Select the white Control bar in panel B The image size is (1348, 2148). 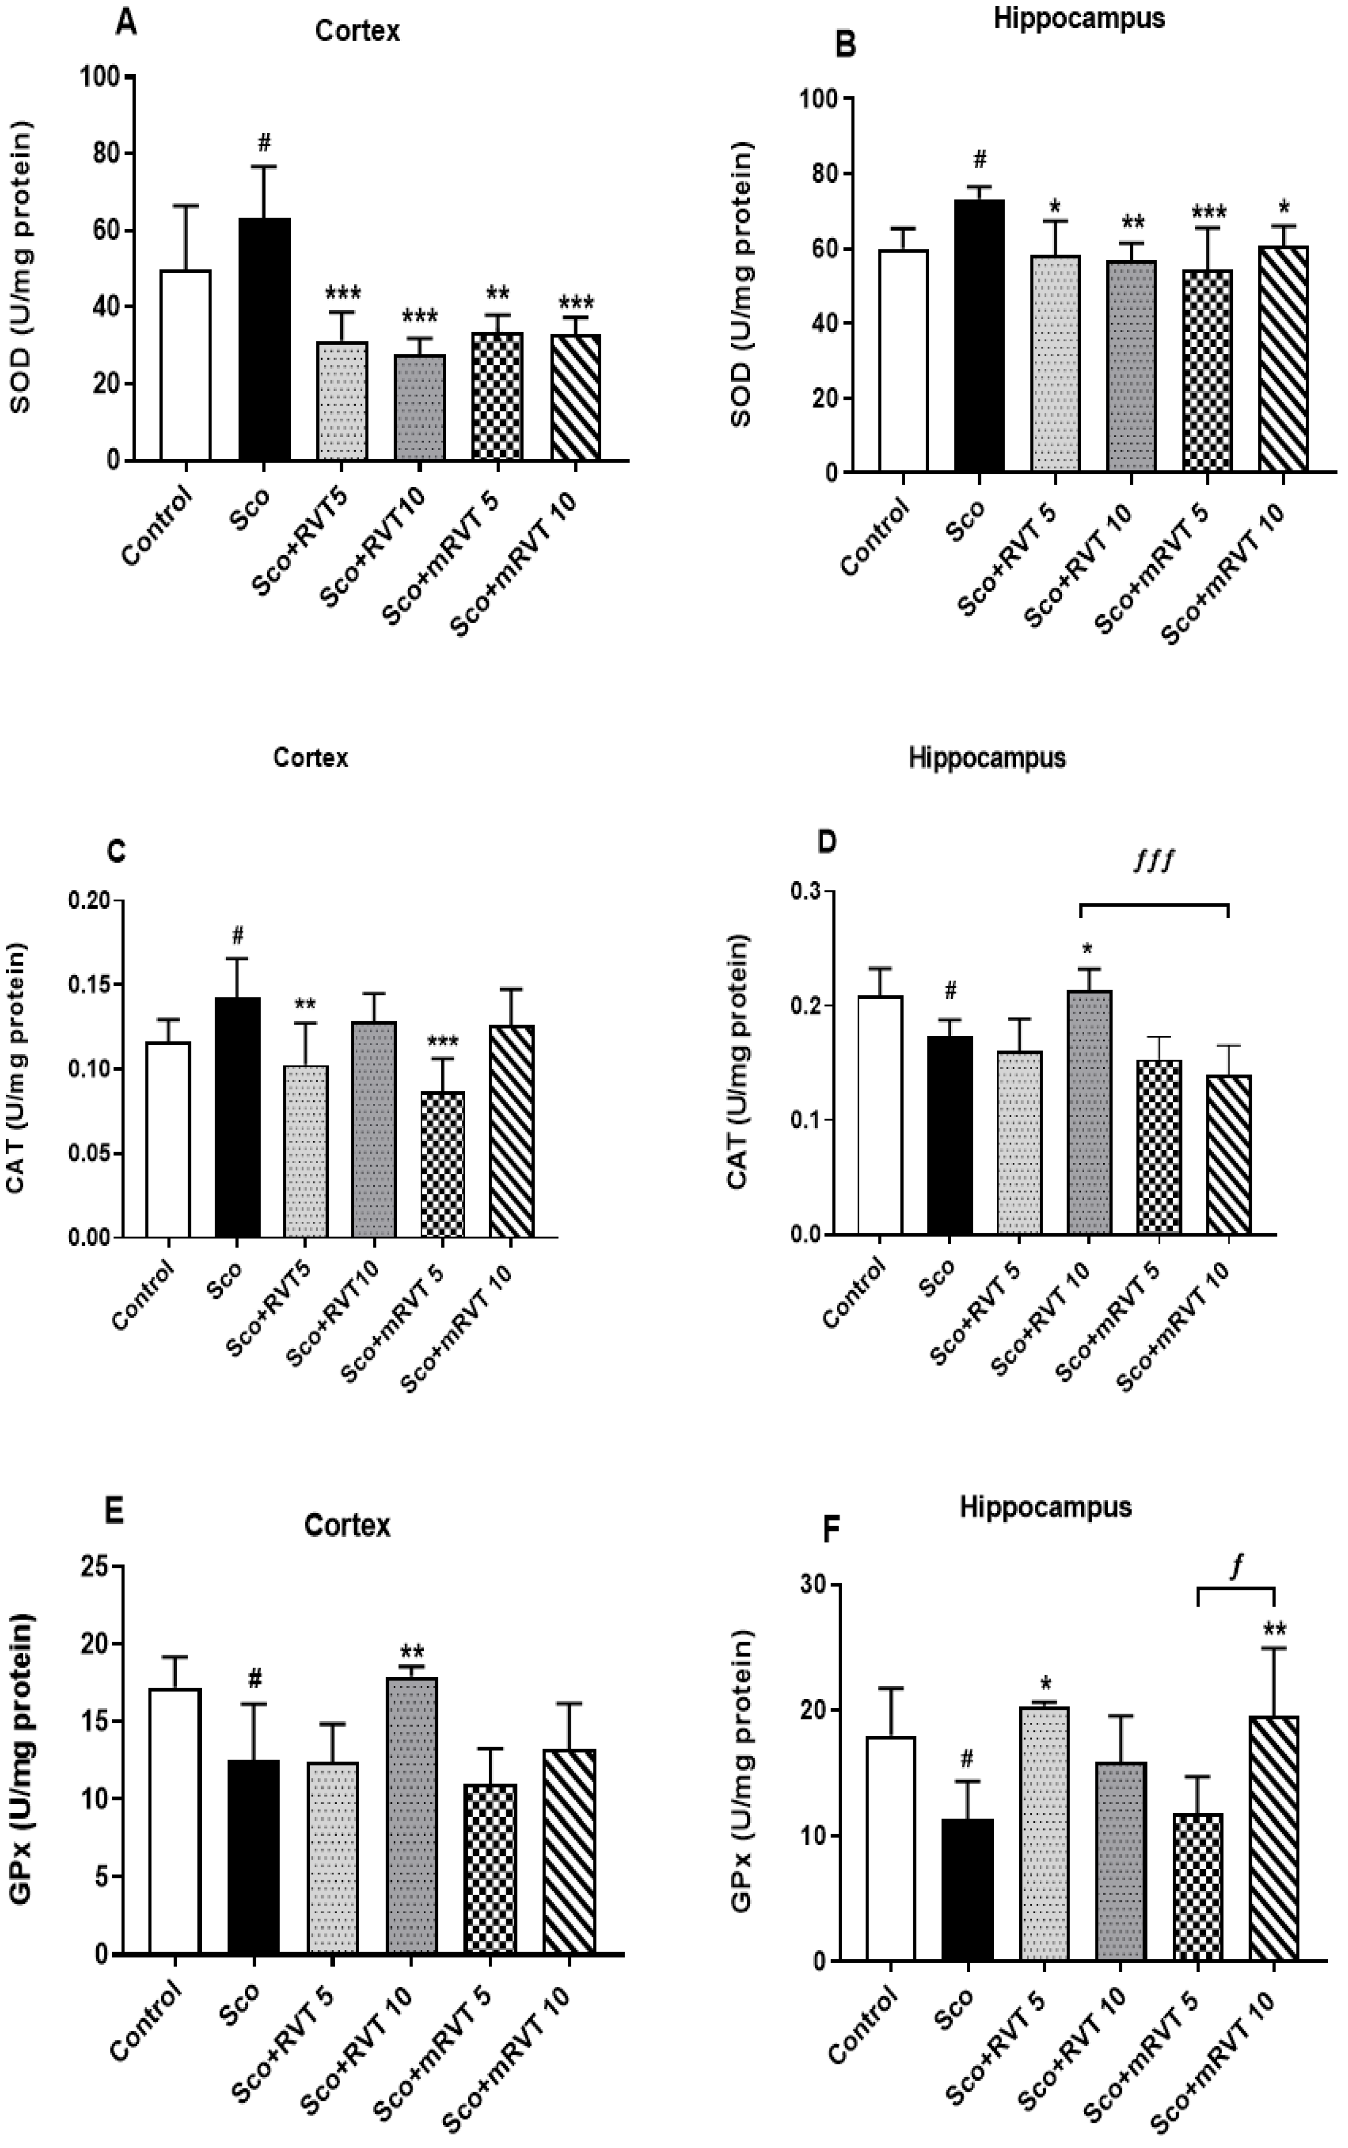click(x=903, y=361)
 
